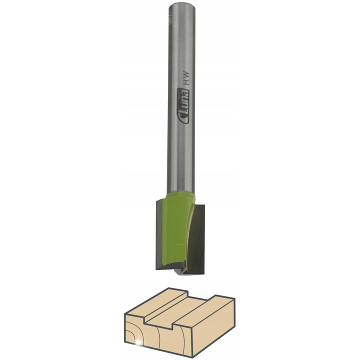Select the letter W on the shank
186,75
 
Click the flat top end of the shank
182,6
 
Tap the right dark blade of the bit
196,239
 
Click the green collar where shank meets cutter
181,196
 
